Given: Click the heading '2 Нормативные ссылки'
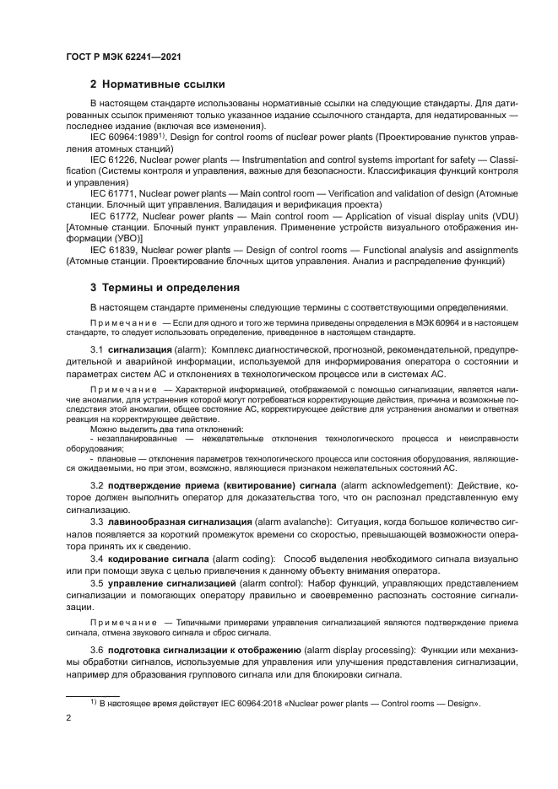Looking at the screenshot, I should point(157,84).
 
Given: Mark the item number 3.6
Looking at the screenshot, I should point(96,651).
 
